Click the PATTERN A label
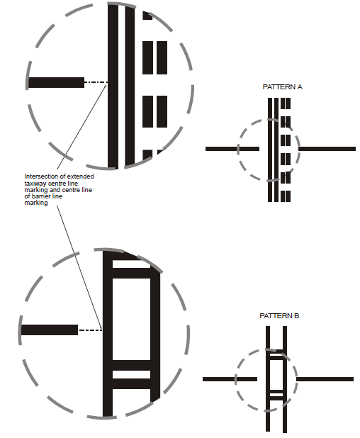click(282, 87)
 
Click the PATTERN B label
click(279, 316)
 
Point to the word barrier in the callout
click(41, 196)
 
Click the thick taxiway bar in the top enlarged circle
click(56, 83)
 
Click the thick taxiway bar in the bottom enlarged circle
click(50, 330)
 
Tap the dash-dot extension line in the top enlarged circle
click(96, 82)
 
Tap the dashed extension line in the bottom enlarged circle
click(91, 330)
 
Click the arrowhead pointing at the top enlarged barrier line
click(106, 85)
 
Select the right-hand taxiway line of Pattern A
click(327, 149)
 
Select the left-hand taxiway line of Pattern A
click(232, 149)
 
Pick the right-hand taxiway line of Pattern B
click(325, 379)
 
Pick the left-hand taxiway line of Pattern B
click(230, 379)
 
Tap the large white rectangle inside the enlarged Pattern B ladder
click(131, 319)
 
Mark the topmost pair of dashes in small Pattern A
click(286, 103)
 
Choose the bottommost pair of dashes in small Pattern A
click(286, 196)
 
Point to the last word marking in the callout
click(36, 203)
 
